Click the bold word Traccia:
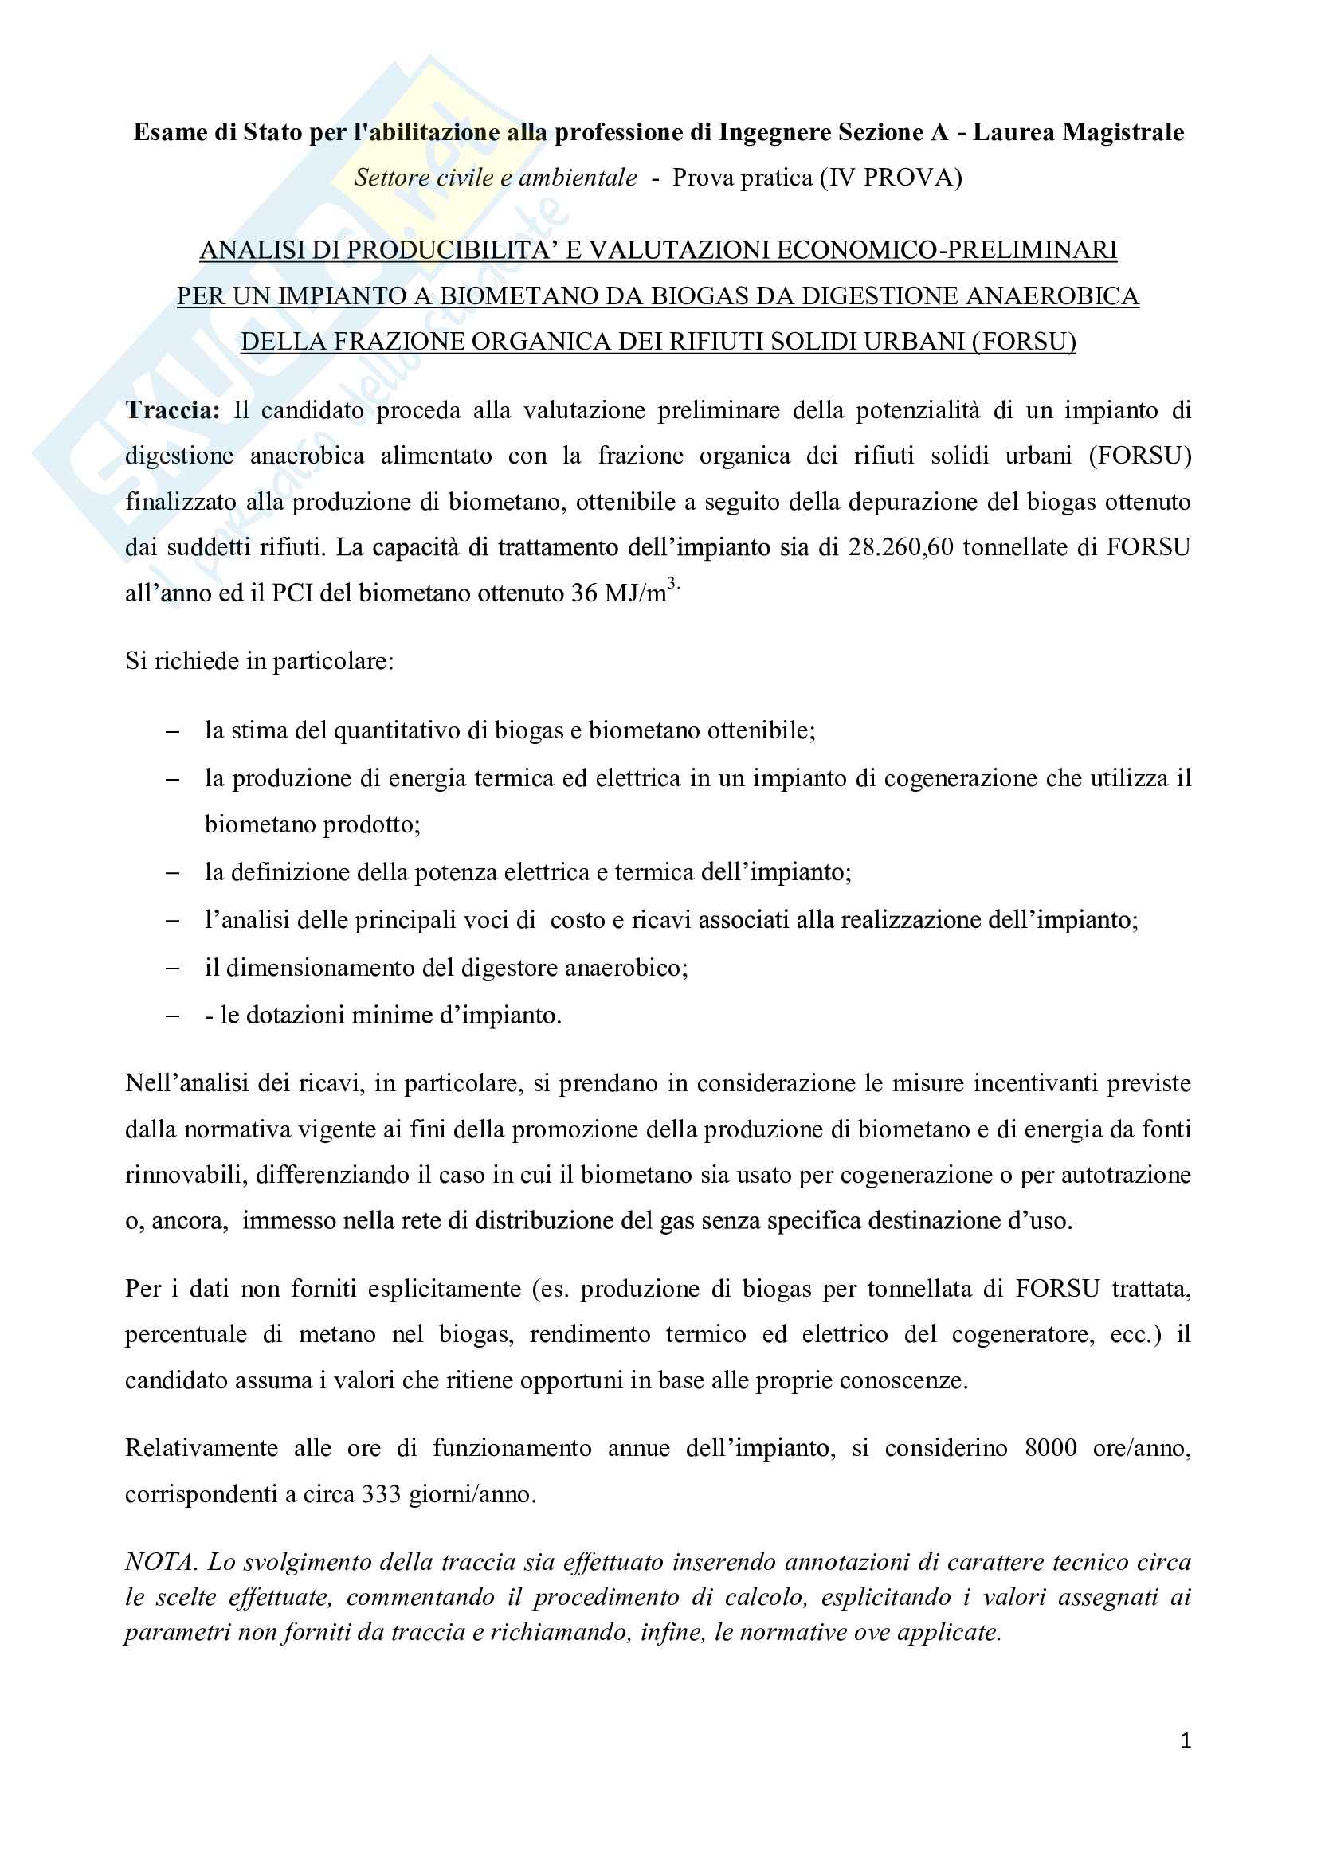[172, 409]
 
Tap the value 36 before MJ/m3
[583, 593]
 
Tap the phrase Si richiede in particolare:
[259, 661]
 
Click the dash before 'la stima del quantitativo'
[172, 731]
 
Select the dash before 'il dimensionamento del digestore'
[172, 968]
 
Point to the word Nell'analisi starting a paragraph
[185, 1083]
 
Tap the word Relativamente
[202, 1448]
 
